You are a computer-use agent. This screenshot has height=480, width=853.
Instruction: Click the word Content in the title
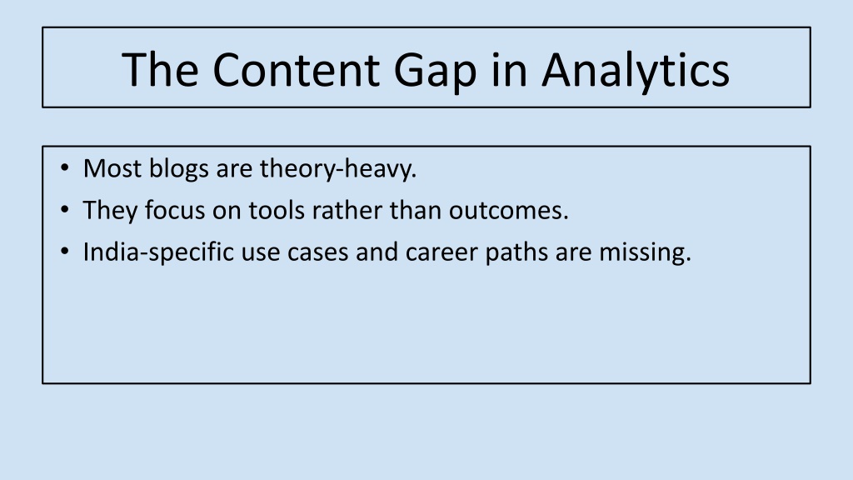click(296, 70)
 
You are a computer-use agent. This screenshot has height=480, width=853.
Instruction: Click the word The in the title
click(161, 69)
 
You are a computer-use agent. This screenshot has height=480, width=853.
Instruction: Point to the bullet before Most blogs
click(65, 167)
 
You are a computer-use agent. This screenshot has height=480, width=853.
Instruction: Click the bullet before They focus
click(65, 209)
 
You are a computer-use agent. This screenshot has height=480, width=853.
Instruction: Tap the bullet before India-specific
click(65, 252)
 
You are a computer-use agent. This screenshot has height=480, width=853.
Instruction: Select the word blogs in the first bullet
click(179, 169)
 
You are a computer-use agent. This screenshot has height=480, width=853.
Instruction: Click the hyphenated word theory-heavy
click(338, 169)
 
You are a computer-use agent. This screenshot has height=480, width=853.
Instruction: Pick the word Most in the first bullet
click(112, 168)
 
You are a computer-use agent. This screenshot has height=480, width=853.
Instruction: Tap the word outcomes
click(509, 211)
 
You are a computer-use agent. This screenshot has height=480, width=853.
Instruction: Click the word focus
click(175, 210)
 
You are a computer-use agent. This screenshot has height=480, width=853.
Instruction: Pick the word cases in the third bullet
click(317, 252)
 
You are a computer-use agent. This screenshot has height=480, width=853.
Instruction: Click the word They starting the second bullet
click(111, 211)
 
